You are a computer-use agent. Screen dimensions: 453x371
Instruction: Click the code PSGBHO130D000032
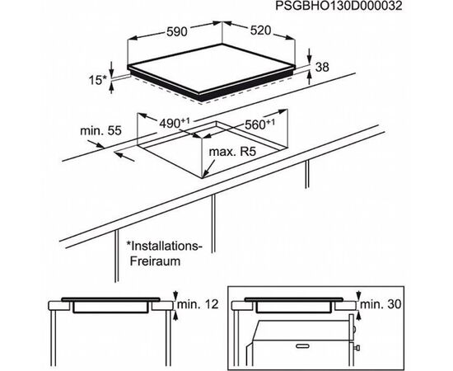click(339, 6)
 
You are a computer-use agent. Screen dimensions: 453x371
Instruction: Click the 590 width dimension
click(177, 31)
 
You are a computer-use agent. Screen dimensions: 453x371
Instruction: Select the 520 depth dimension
click(260, 31)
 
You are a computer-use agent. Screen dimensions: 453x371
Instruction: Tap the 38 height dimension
click(322, 67)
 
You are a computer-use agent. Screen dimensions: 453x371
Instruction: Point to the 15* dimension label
click(97, 80)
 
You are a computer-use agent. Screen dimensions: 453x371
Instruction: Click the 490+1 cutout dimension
click(175, 123)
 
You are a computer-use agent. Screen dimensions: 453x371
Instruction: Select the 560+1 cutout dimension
click(259, 124)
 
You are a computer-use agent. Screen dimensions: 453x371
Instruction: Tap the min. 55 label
click(100, 131)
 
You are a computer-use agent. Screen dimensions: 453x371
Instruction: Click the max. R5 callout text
click(232, 152)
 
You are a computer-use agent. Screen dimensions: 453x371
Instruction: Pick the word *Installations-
click(164, 246)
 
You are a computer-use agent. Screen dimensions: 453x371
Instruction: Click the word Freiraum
click(155, 261)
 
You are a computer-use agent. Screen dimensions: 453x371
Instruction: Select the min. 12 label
click(198, 304)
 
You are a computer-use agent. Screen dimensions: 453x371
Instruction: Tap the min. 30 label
click(381, 304)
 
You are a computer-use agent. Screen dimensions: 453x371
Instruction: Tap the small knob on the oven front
click(357, 347)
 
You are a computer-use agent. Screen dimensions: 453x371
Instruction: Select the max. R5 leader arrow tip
click(203, 177)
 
